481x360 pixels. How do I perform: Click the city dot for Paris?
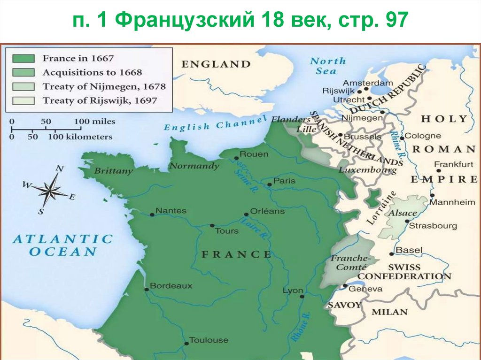(x=269, y=184)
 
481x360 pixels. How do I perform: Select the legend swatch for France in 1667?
(x=23, y=59)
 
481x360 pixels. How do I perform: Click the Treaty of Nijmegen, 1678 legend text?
(x=104, y=86)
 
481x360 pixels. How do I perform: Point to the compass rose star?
(x=50, y=190)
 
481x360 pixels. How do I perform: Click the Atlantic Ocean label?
(x=63, y=245)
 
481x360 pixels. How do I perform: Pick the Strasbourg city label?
(x=433, y=226)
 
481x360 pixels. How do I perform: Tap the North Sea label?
(x=327, y=66)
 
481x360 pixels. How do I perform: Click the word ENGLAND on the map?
(x=217, y=64)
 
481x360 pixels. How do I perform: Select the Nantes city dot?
(x=152, y=214)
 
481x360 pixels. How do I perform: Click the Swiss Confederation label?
(x=407, y=272)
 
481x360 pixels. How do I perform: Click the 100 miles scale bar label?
(x=94, y=122)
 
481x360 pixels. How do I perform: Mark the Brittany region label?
(x=113, y=171)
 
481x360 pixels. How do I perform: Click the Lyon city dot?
(x=302, y=296)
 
